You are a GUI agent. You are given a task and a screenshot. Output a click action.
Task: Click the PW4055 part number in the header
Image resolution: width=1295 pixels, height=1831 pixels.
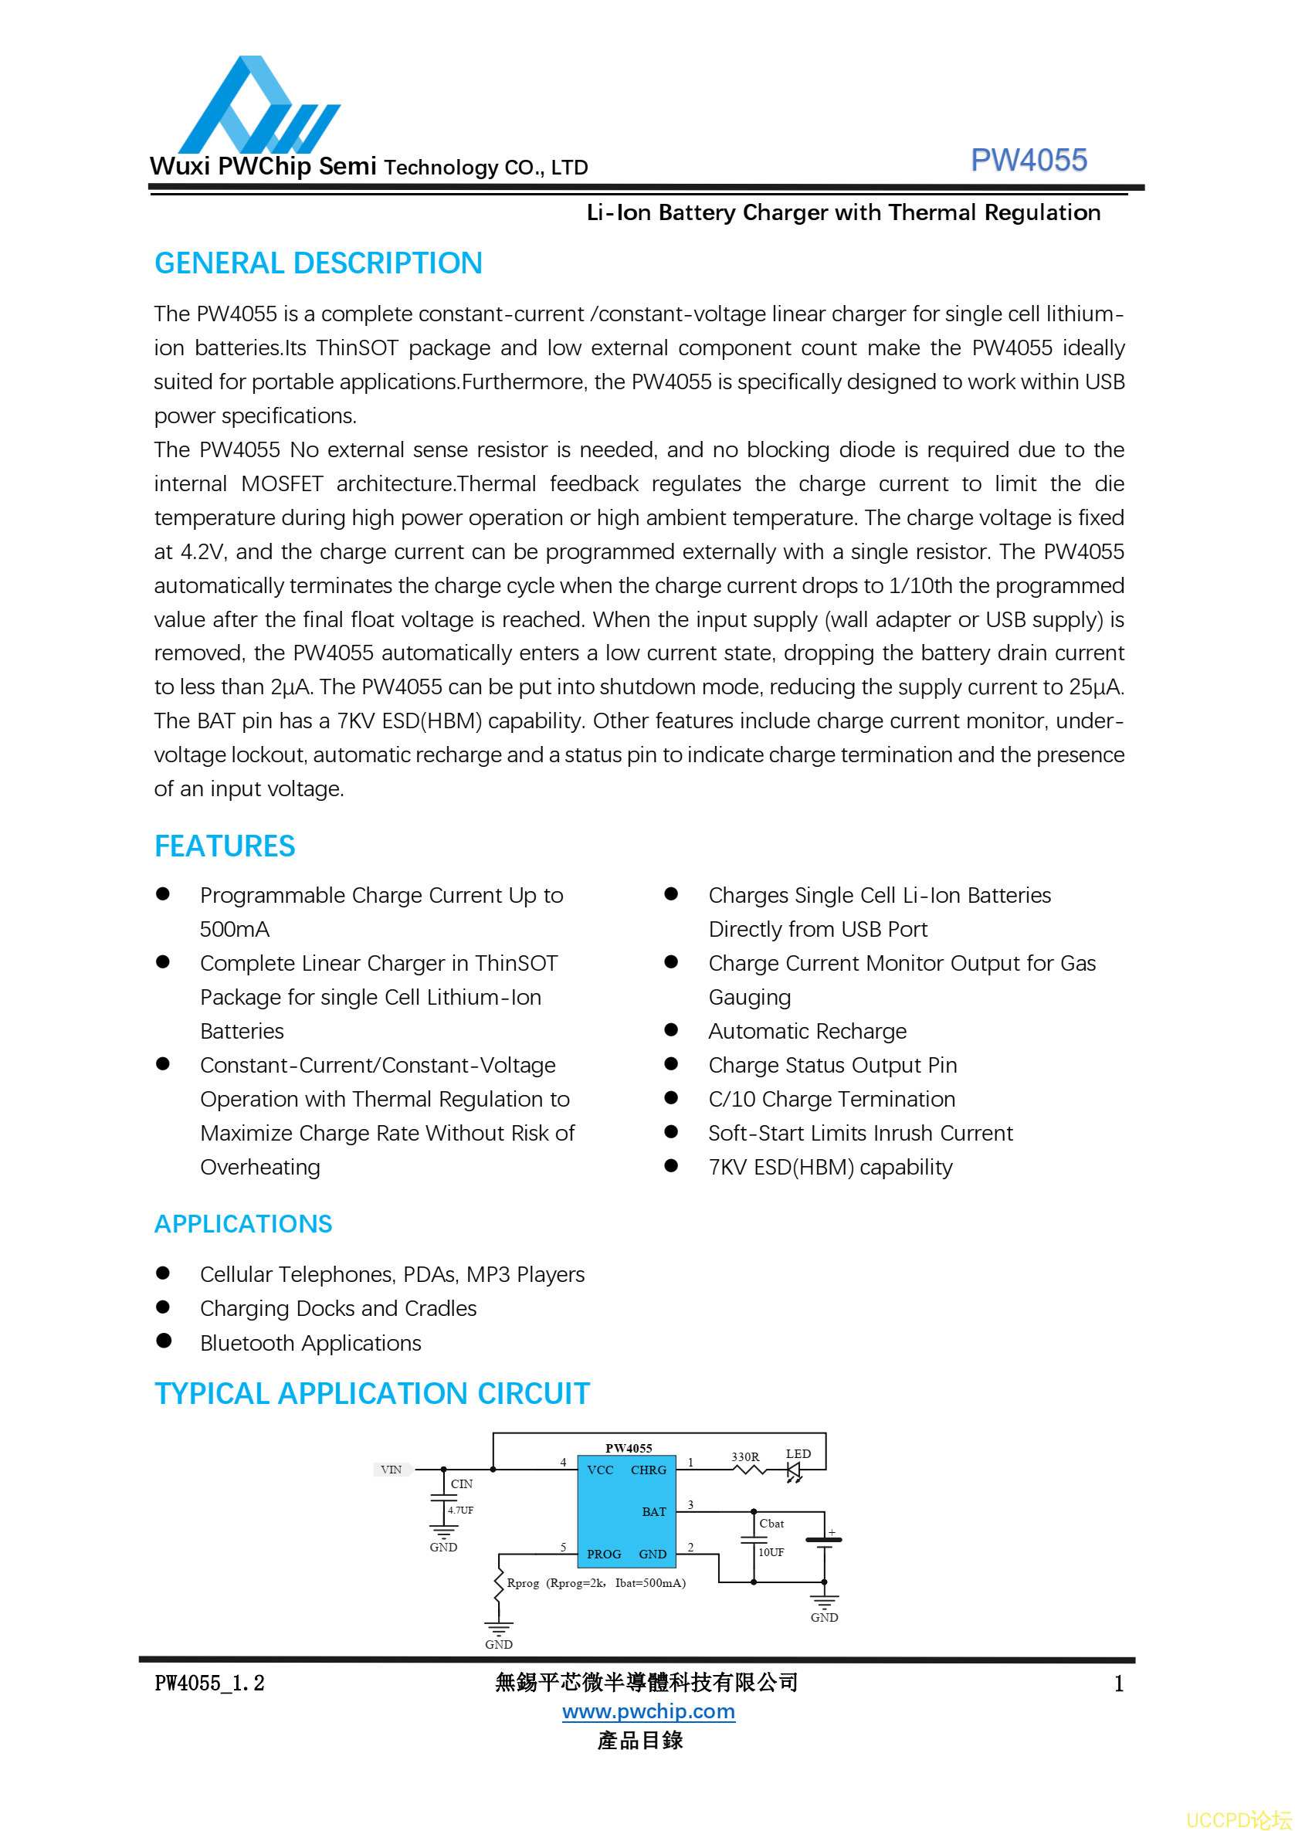tap(1028, 161)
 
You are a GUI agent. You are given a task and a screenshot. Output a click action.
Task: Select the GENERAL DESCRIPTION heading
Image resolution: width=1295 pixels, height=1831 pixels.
tap(318, 263)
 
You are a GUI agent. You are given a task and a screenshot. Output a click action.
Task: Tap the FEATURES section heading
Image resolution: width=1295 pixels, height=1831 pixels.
tap(225, 846)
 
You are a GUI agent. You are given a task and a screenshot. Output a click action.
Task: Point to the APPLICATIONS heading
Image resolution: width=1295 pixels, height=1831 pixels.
tap(243, 1223)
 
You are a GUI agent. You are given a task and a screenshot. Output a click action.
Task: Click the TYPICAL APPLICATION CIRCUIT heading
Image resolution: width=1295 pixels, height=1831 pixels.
tap(371, 1393)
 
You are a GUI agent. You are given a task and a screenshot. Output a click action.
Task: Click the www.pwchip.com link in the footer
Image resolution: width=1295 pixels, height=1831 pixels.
tap(649, 1711)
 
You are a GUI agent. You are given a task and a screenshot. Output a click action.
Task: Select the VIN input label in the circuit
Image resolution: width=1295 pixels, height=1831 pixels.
tap(391, 1469)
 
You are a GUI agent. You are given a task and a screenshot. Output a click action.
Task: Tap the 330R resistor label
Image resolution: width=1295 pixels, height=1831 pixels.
tap(744, 1456)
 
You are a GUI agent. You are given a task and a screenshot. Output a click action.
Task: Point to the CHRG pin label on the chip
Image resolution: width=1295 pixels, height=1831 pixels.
tap(649, 1470)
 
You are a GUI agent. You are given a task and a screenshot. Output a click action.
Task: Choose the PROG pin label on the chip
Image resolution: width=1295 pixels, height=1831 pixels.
tap(604, 1555)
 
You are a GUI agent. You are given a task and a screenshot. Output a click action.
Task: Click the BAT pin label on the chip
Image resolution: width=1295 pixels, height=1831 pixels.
tap(654, 1512)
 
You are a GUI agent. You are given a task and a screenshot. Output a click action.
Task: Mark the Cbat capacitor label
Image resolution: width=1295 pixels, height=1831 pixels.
tap(771, 1523)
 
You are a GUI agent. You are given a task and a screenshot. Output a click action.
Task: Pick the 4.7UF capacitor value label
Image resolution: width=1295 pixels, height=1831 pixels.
tap(460, 1510)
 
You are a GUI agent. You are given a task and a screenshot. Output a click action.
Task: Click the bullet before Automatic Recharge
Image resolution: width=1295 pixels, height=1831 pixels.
tap(671, 1029)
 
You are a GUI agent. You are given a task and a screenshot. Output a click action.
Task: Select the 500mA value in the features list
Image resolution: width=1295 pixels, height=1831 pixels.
tap(235, 929)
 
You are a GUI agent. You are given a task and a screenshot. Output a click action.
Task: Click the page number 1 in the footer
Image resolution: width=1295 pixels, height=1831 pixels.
tap(1119, 1684)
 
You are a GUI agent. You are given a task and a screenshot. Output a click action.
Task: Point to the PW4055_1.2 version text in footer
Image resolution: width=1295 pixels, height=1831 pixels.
tap(209, 1684)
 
